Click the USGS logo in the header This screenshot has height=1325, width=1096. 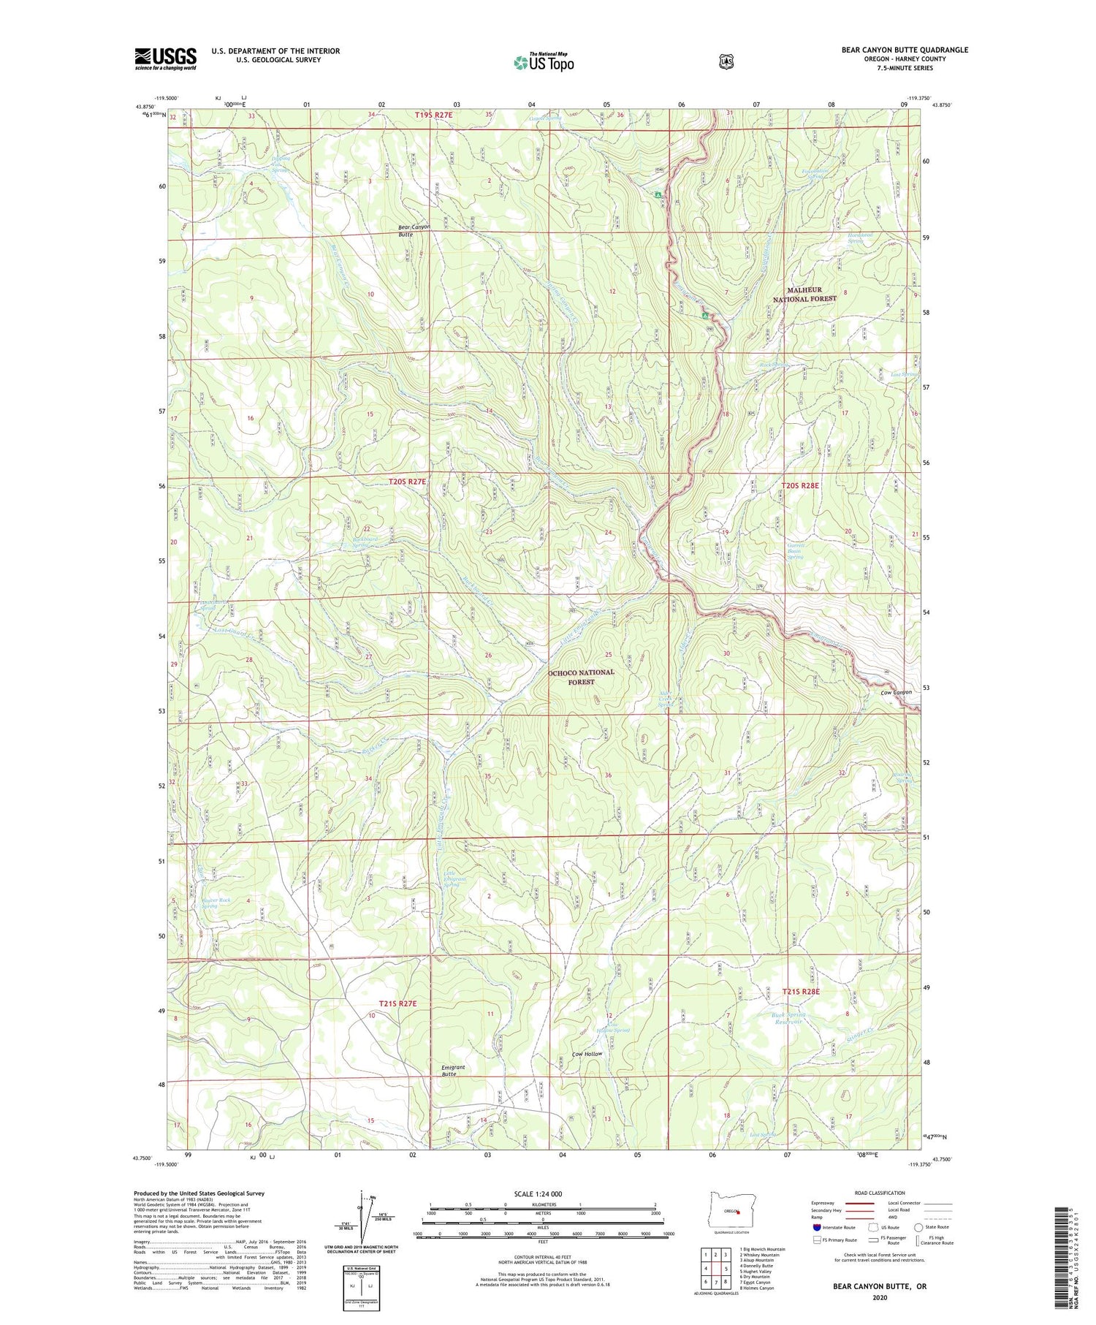pos(165,58)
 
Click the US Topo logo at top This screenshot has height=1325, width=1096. pos(544,62)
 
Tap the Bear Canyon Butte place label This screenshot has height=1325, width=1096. pos(414,231)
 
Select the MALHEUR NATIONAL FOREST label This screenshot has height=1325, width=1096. pos(804,294)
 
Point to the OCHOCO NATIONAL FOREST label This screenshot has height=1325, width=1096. pos(581,676)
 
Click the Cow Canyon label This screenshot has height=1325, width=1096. pos(896,692)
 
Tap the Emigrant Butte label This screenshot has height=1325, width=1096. pos(453,1071)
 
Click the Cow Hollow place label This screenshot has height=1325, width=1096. pos(587,1054)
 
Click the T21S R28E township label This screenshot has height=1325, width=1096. pos(801,992)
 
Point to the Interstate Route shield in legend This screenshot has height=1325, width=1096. pos(817,1227)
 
